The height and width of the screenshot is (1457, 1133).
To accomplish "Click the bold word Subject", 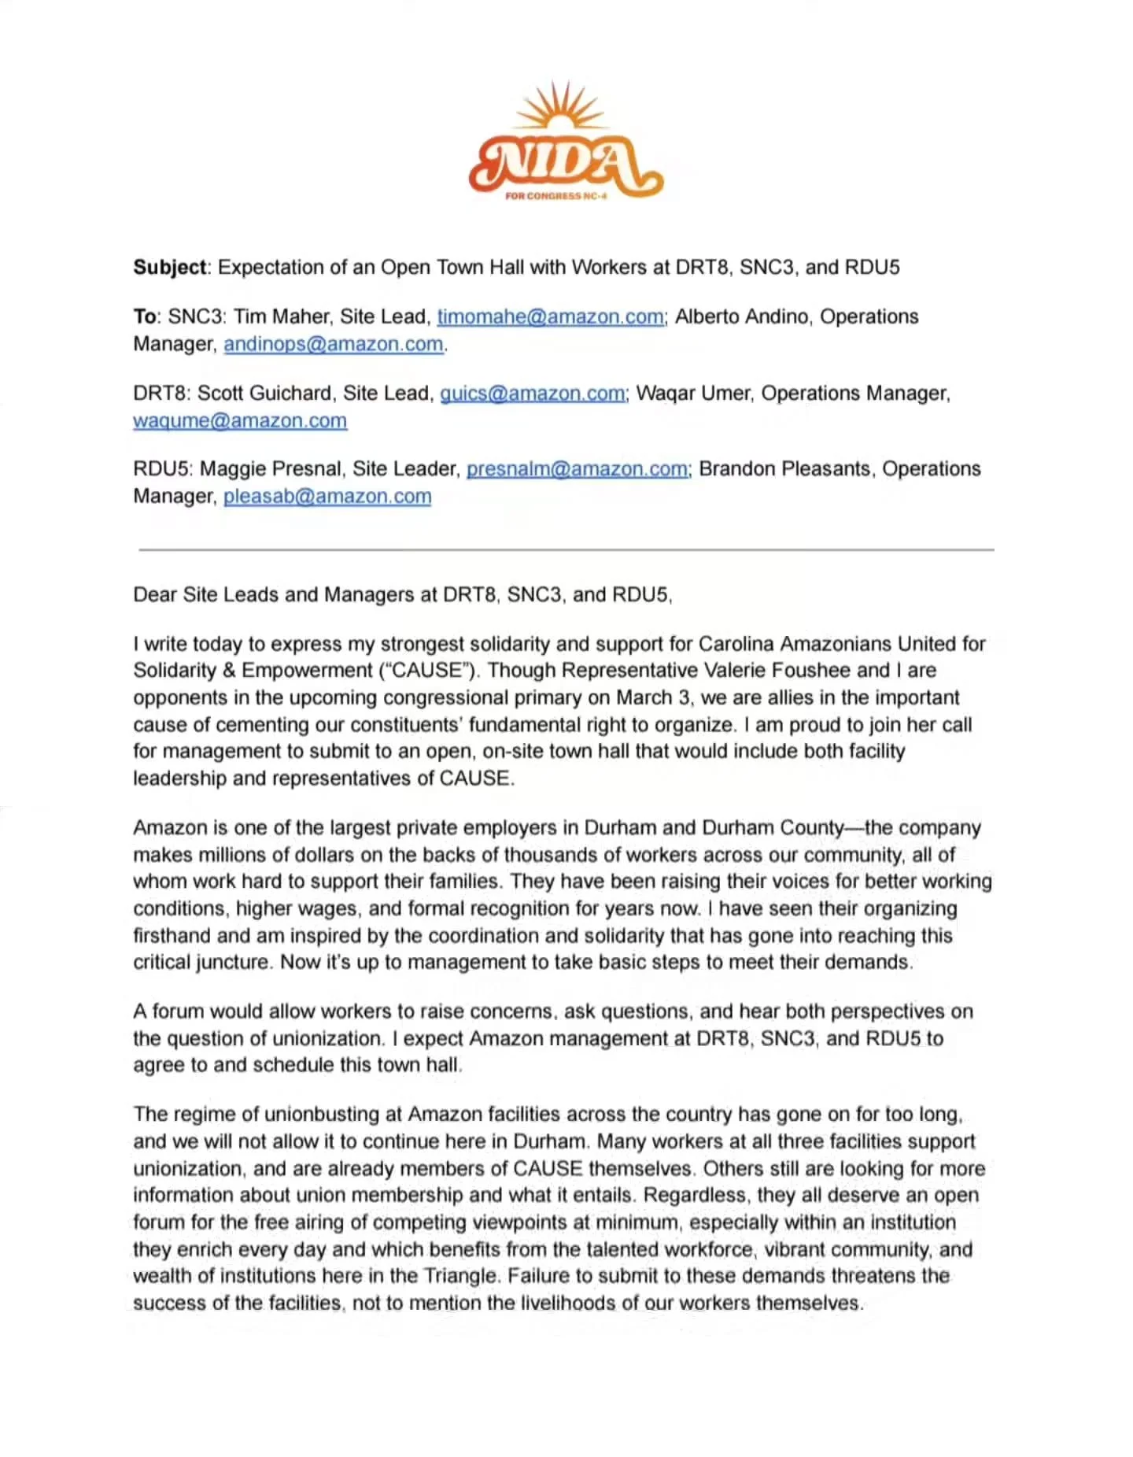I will pyautogui.click(x=169, y=268).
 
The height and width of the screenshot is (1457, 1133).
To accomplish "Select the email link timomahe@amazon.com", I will pyautogui.click(x=551, y=317).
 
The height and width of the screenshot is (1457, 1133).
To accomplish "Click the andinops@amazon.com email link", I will pyautogui.click(x=334, y=345).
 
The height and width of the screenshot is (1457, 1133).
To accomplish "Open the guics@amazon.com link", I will pyautogui.click(x=533, y=394).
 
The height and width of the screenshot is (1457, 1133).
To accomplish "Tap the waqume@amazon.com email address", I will pyautogui.click(x=240, y=421).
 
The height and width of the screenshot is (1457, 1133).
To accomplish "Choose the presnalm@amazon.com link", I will pyautogui.click(x=578, y=469).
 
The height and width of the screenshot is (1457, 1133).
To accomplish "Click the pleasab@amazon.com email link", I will pyautogui.click(x=327, y=497).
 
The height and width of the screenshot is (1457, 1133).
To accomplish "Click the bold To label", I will pyautogui.click(x=145, y=317).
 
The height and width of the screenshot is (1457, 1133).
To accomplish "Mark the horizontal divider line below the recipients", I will pyautogui.click(x=566, y=550).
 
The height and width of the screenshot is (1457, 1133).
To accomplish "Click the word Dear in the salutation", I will pyautogui.click(x=154, y=595).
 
